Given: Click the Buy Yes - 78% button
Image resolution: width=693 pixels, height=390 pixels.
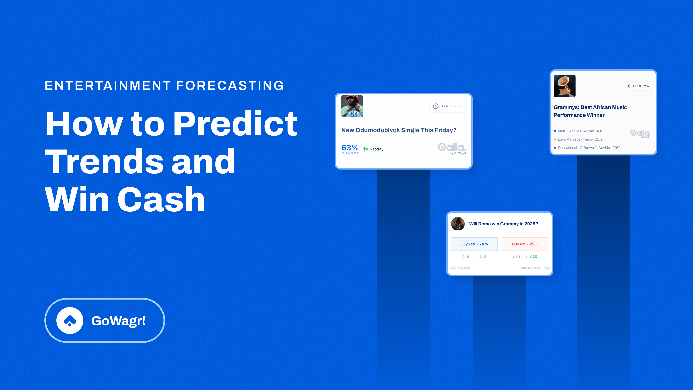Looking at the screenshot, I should coord(474,244).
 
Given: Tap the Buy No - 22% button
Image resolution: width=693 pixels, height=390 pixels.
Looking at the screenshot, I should coord(525,244).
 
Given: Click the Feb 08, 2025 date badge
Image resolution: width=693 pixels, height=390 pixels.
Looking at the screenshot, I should coord(448,106).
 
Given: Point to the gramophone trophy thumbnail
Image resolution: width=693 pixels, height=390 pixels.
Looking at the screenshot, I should coord(564,86).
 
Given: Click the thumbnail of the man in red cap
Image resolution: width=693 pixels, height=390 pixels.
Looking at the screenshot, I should coord(352,106).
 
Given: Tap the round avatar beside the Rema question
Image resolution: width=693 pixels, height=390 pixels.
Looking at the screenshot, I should coord(458,224).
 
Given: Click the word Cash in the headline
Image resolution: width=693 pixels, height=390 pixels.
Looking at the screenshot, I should coord(161,200).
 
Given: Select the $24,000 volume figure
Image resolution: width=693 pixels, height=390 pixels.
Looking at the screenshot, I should coord(463,268).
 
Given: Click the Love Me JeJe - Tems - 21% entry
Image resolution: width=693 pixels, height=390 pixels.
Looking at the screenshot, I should coord(579,139).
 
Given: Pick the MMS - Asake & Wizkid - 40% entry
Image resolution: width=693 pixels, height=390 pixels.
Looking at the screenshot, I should coord(581,131).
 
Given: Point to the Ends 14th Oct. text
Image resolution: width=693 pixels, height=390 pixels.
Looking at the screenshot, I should coord(530,268).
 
